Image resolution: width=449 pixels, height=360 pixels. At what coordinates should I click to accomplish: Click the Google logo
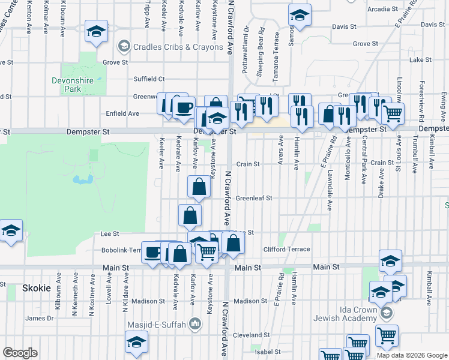[x=20, y=353]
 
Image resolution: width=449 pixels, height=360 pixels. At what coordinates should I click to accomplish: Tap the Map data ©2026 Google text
[x=412, y=355]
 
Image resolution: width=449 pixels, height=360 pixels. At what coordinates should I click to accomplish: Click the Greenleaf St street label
[x=253, y=198]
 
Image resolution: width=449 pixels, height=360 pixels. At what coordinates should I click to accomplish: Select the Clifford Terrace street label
[x=286, y=250]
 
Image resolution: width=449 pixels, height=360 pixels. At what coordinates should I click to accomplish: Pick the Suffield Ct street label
[x=149, y=79]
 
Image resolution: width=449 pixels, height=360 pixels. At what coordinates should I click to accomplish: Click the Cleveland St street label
[x=252, y=335]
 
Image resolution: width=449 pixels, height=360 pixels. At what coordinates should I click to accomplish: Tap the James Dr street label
[x=39, y=318]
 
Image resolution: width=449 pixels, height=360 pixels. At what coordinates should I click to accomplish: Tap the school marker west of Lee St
[x=10, y=230]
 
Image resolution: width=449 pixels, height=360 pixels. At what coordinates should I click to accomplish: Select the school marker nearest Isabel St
[x=136, y=342]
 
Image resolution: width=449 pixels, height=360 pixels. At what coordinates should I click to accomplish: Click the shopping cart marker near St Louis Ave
[x=393, y=113]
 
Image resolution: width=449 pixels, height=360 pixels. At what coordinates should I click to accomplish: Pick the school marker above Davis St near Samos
[x=299, y=15]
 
